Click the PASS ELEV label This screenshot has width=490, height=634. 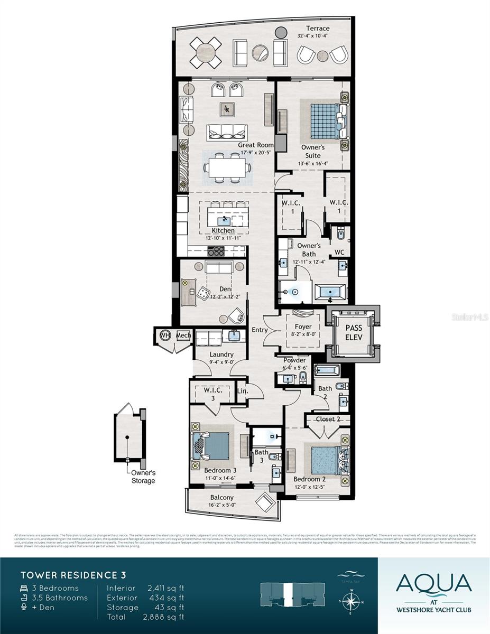[354, 333]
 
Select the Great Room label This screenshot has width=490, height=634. [255, 145]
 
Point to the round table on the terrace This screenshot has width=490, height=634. [206, 53]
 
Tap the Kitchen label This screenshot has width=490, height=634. [223, 231]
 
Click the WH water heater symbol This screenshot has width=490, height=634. [164, 335]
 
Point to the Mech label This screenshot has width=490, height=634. [183, 335]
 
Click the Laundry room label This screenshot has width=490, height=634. [221, 355]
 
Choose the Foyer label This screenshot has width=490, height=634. [303, 327]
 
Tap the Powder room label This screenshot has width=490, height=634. [294, 360]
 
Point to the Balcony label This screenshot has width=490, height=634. [221, 497]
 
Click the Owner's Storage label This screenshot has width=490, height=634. [143, 477]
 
